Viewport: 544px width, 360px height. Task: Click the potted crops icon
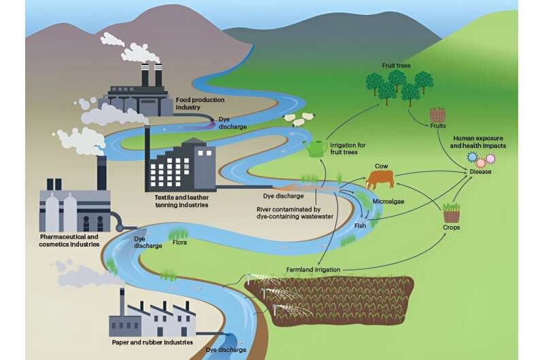[452, 212]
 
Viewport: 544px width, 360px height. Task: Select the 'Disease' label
[480, 171]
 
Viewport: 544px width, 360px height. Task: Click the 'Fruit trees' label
[396, 66]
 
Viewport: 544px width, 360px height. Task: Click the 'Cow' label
[382, 164]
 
